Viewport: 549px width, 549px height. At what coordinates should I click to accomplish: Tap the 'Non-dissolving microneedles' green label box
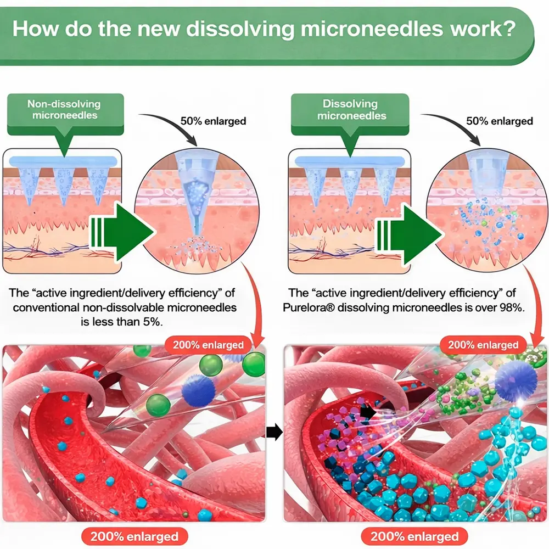click(65, 109)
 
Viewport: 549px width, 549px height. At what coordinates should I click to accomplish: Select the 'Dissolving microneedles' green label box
click(350, 109)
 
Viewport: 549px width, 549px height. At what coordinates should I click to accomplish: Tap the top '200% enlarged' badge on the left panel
click(209, 345)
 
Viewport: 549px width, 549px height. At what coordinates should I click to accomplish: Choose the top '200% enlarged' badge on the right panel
click(483, 345)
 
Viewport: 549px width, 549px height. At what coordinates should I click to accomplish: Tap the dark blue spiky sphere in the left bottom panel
click(198, 390)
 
